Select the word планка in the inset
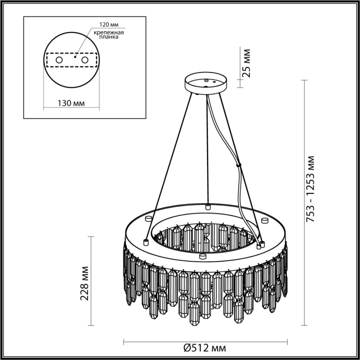click(x=109, y=37)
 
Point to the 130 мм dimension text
click(x=71, y=103)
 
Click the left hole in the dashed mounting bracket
click(x=59, y=60)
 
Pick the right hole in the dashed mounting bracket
click(x=85, y=60)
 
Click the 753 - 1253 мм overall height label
click(x=311, y=190)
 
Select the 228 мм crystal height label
click(x=85, y=284)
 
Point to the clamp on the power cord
click(x=238, y=166)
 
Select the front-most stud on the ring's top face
click(x=202, y=256)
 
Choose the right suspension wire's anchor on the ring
click(x=259, y=247)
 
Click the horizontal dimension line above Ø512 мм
click(x=206, y=341)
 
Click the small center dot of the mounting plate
click(x=75, y=57)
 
